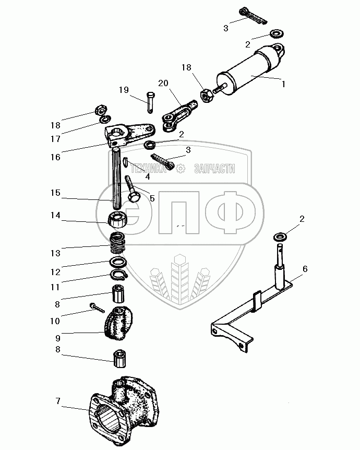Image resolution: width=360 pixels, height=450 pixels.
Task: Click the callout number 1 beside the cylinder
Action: (x=284, y=83)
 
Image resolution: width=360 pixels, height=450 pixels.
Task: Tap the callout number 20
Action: (x=163, y=84)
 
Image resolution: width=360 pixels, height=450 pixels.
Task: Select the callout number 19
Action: (x=123, y=90)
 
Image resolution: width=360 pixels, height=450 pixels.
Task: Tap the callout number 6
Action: (x=305, y=269)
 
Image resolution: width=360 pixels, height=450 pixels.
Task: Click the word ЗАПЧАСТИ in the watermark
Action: (x=214, y=169)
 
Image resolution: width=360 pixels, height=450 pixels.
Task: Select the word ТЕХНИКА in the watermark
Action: (x=152, y=169)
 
